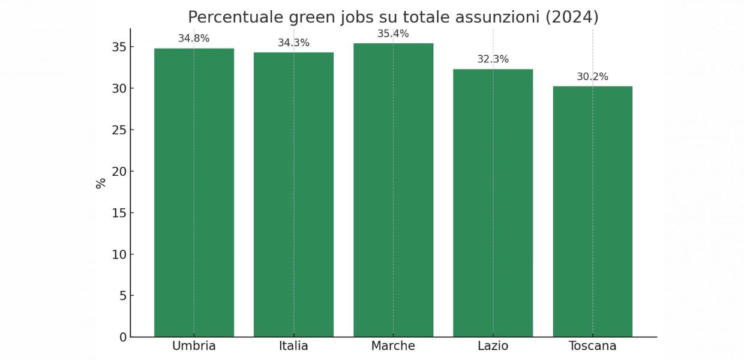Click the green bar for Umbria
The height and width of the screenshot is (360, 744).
tap(194, 192)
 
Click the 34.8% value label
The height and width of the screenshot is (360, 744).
tap(194, 38)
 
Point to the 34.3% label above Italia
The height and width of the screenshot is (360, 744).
tap(293, 43)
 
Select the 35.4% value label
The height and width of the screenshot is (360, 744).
tap(393, 34)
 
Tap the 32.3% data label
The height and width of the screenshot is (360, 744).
tap(493, 59)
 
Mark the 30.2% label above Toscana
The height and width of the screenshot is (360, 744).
tap(592, 77)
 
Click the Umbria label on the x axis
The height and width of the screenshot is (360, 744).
tap(194, 346)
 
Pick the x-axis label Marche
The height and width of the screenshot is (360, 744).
tap(393, 346)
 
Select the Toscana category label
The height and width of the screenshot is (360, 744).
tap(592, 346)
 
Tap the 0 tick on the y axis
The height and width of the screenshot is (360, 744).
tap(123, 337)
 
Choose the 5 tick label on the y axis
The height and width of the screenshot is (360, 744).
tap(123, 296)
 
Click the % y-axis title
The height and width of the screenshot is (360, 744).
tap(101, 183)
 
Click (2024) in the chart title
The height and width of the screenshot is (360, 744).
tap(571, 17)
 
